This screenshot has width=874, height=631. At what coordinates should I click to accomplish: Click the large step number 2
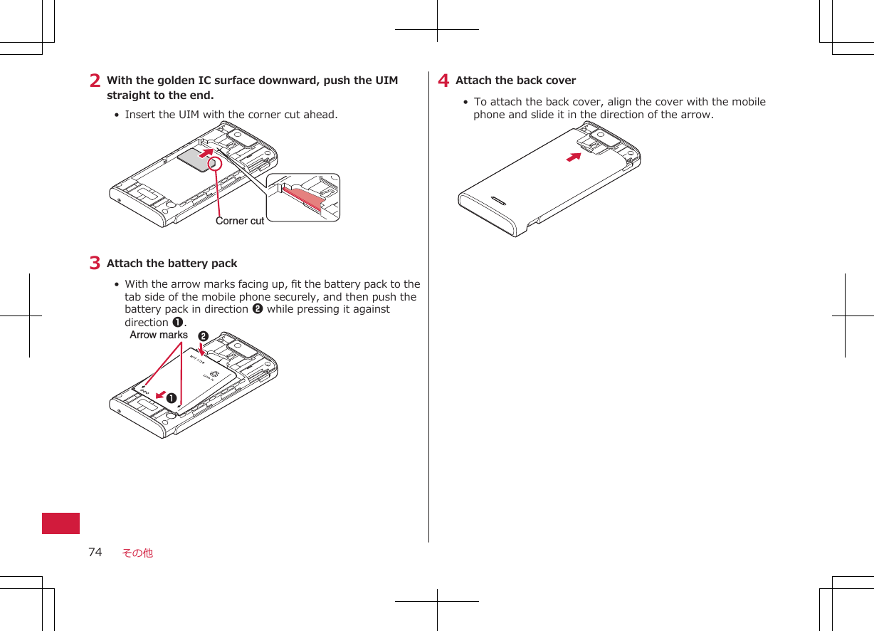point(95,81)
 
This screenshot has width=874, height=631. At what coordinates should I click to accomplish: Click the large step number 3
point(95,264)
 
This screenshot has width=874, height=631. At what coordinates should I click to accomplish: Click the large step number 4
point(443,81)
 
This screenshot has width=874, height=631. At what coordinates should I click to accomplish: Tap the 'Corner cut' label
point(240,221)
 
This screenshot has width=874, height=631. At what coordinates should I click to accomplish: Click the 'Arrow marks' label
point(159,335)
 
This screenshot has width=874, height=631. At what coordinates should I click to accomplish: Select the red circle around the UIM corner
point(215,165)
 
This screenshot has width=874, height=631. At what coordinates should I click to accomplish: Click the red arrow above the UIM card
point(206,152)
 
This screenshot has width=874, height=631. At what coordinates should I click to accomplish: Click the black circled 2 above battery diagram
point(203,335)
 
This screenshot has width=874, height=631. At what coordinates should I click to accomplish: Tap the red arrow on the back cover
point(574,157)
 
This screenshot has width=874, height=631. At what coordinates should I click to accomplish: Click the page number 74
point(95,552)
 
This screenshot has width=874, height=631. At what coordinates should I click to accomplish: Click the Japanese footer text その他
point(137,553)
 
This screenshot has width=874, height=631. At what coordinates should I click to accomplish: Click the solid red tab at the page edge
point(60,523)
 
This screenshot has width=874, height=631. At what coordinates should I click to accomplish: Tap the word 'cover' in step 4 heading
point(562,80)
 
